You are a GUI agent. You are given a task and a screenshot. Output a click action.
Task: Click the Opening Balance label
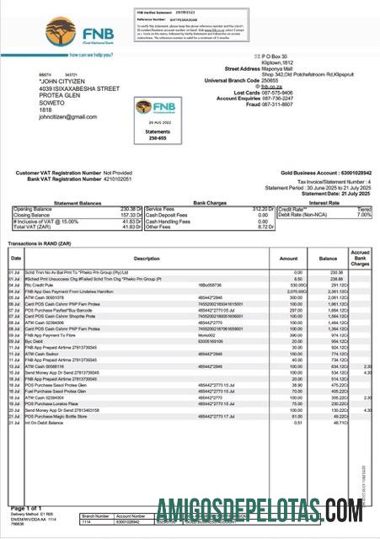tap(33, 208)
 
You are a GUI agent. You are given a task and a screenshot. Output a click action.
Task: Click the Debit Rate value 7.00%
tap(363, 214)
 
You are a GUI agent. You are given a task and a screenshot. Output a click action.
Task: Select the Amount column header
tap(288, 258)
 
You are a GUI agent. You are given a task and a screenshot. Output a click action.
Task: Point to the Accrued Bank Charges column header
tap(360, 258)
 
